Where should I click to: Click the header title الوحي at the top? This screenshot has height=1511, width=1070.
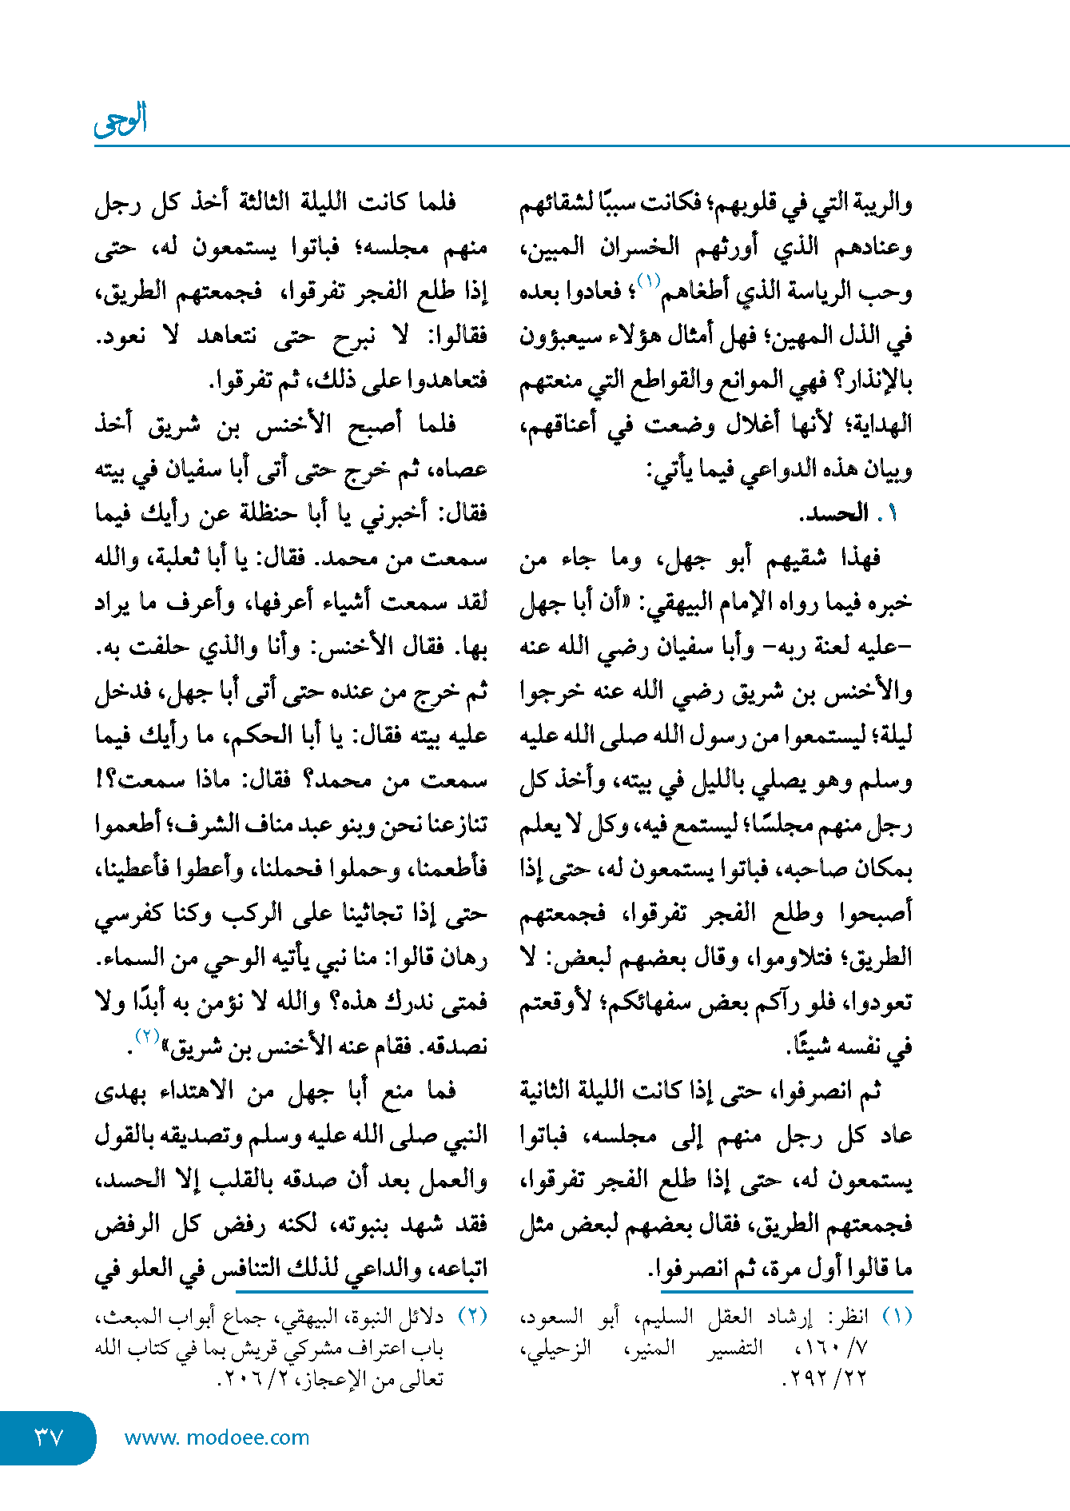(x=121, y=120)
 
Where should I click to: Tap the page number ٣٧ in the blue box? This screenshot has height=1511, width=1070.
(x=47, y=1437)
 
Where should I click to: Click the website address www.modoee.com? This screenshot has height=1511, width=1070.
(x=217, y=1437)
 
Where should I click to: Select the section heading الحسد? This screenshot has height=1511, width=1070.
(x=836, y=513)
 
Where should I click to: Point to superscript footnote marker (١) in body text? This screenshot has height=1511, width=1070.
(x=648, y=281)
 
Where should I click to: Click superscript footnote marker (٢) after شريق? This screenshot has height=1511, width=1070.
(x=148, y=1036)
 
